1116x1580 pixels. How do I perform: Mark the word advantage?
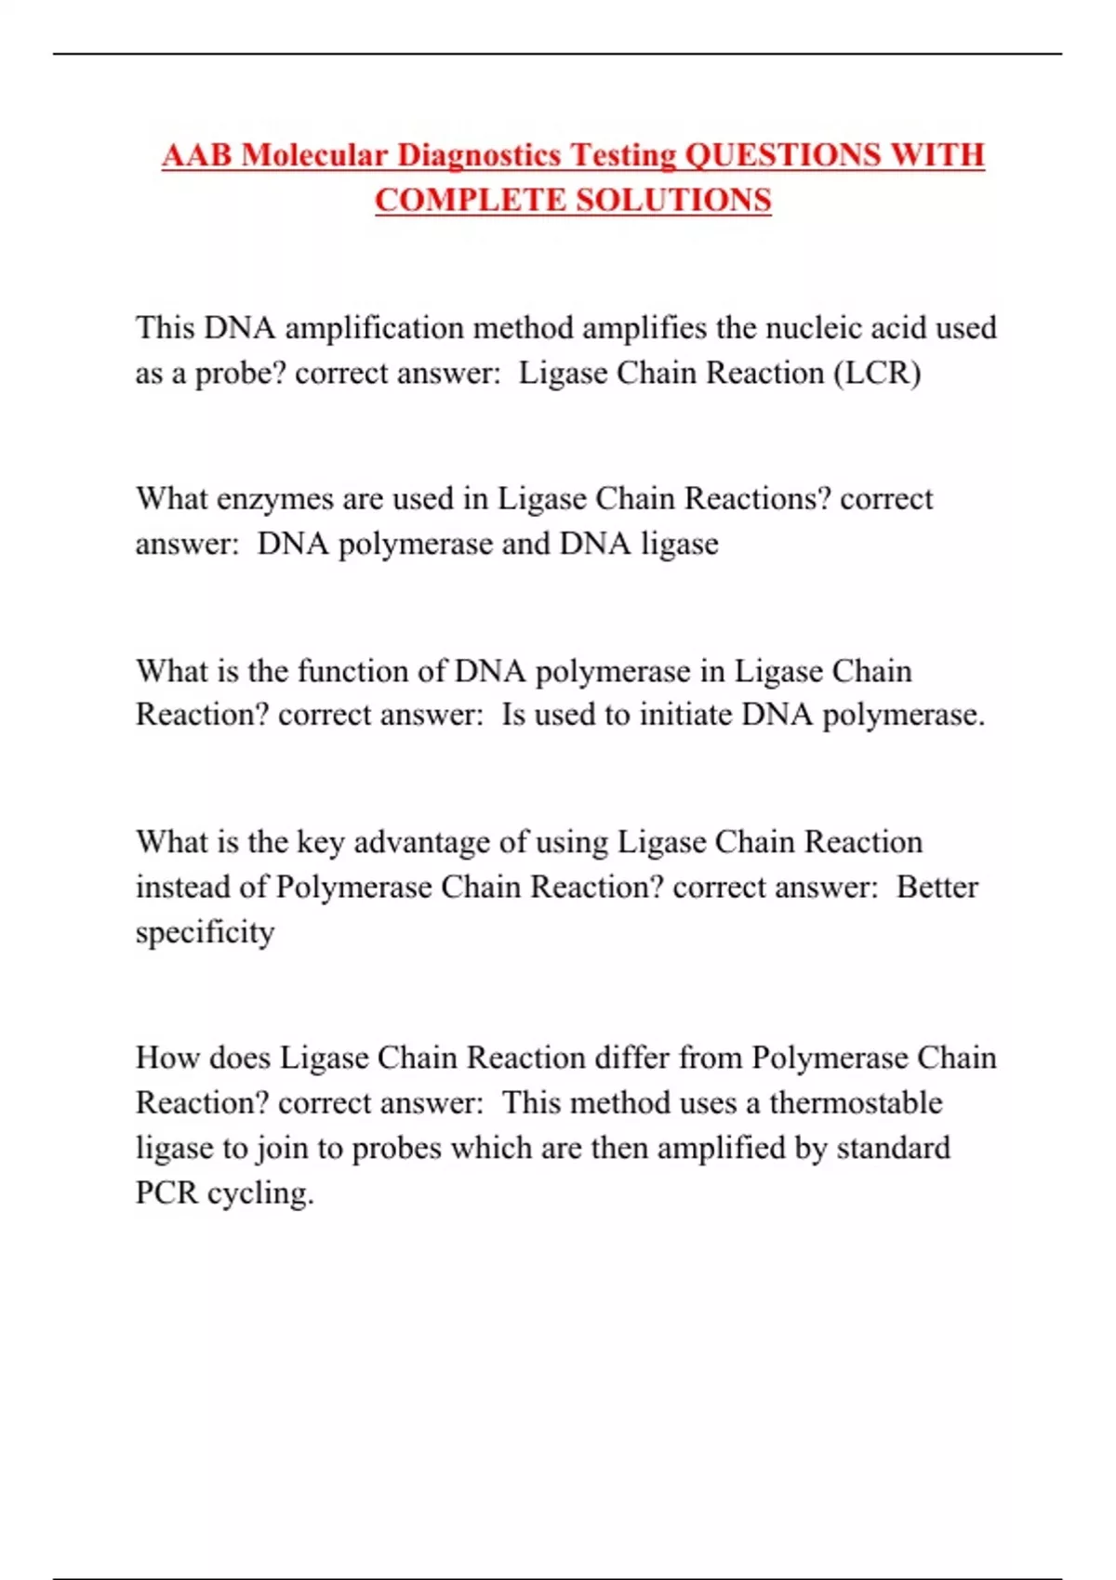[x=422, y=842]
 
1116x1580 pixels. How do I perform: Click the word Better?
[x=937, y=887]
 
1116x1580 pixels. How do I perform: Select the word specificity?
[x=205, y=932]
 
